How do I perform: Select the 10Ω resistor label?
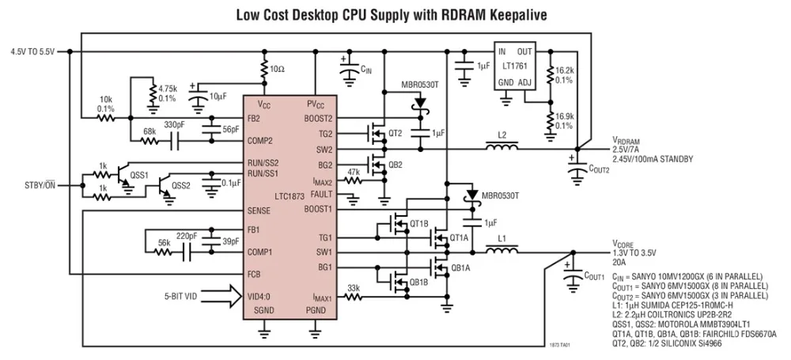(x=278, y=70)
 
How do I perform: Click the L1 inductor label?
(x=501, y=238)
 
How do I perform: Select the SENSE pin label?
(x=260, y=211)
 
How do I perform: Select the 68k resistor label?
(x=148, y=131)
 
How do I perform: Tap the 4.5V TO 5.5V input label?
(x=32, y=51)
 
